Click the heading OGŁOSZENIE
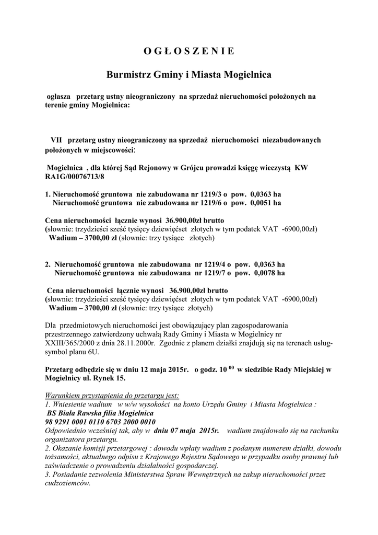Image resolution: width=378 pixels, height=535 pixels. [x=188, y=51]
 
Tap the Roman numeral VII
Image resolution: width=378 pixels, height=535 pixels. [x=56, y=140]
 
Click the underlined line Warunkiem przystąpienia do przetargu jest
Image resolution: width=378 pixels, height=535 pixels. [x=112, y=396]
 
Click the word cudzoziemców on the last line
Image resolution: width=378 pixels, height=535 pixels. [x=67, y=483]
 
